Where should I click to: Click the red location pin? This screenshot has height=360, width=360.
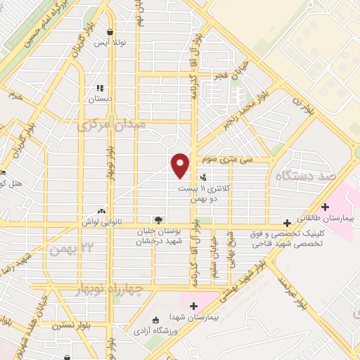coord(180,165)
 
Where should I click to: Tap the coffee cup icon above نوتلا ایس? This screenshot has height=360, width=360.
coord(110,32)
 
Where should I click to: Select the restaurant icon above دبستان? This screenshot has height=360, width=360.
coord(100,89)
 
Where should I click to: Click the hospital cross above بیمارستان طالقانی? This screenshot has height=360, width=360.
coord(325,207)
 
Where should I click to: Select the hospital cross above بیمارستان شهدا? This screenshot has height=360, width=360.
coord(194,306)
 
